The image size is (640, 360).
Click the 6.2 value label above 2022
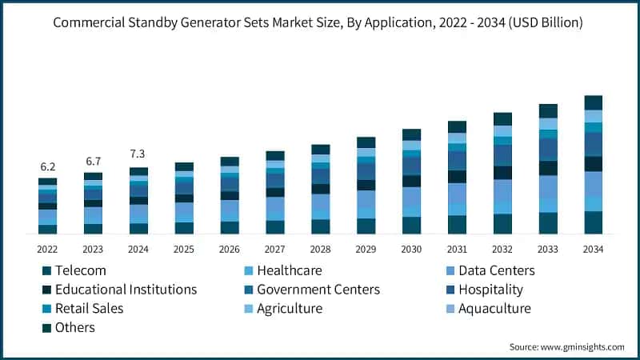point(47,167)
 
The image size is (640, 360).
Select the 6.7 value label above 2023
point(93,162)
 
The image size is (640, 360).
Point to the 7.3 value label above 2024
point(138,154)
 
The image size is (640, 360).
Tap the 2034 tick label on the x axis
point(593,249)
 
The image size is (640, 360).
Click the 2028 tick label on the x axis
point(320,249)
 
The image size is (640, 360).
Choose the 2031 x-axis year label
point(457,249)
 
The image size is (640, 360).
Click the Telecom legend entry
point(80,270)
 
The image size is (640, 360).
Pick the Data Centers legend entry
point(494,270)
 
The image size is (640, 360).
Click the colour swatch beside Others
point(46,328)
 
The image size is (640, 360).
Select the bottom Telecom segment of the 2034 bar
point(593,222)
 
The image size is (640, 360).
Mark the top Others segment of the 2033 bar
point(548,110)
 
